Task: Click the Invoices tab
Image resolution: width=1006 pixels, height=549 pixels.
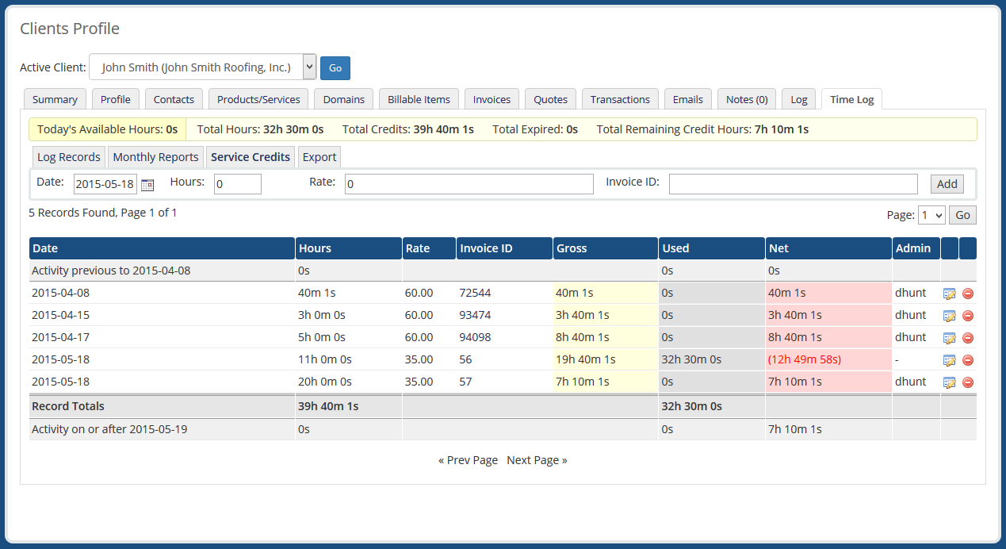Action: point(492,99)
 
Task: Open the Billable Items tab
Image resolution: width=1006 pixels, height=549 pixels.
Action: point(419,99)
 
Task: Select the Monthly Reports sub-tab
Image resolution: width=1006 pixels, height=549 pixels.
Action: point(155,157)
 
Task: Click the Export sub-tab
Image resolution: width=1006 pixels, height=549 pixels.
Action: point(319,157)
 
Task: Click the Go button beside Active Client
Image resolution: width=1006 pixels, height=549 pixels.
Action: point(335,68)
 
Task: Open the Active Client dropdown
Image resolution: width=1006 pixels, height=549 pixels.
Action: point(203,67)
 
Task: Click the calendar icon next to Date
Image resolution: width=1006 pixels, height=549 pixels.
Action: point(147,185)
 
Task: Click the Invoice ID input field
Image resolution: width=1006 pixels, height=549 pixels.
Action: point(793,184)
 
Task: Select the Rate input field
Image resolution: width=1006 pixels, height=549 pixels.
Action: point(469,184)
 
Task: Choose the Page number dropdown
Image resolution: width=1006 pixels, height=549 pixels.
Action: point(931,215)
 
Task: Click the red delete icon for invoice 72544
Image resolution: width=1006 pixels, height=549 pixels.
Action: point(968,294)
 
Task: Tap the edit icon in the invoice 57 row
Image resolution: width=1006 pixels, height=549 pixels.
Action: point(949,382)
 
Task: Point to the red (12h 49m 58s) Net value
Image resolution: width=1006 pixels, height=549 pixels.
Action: point(804,359)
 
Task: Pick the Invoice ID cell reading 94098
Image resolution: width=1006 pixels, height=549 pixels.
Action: point(475,337)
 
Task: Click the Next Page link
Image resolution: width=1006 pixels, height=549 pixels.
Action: point(537,460)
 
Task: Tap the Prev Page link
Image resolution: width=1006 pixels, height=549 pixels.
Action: point(468,460)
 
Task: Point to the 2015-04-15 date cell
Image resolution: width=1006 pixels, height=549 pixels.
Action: point(60,315)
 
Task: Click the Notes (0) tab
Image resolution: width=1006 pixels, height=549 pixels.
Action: point(747,99)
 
